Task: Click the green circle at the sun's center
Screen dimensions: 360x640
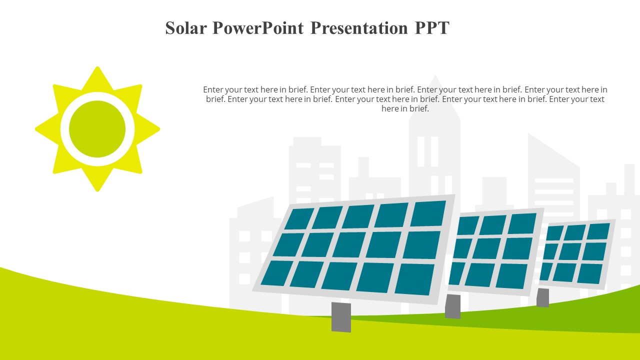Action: [97, 129]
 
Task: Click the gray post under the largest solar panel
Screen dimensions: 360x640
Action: [341, 317]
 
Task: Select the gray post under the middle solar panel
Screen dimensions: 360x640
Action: [452, 306]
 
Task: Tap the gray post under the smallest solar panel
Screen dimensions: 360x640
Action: [542, 297]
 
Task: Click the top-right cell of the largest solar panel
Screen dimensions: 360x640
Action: [428, 213]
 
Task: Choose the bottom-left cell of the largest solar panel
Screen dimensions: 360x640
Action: [276, 273]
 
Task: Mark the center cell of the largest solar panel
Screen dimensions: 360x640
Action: [349, 244]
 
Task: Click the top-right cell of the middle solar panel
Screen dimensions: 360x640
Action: [522, 223]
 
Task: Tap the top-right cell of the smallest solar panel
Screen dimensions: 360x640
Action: [598, 231]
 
